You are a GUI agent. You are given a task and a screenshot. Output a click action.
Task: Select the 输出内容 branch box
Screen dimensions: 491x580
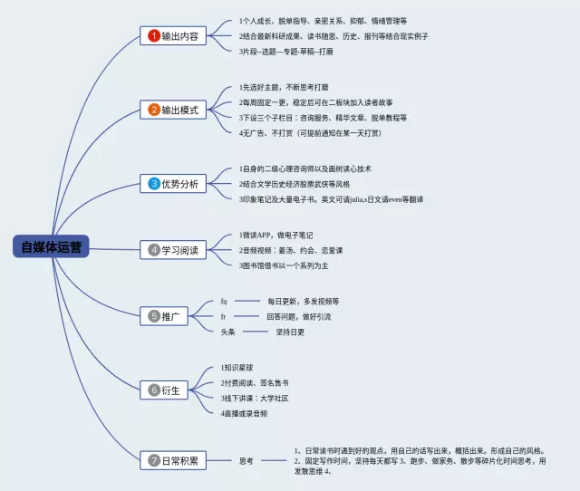[x=175, y=35]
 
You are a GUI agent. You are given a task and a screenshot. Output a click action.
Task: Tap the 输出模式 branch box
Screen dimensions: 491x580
[x=175, y=110]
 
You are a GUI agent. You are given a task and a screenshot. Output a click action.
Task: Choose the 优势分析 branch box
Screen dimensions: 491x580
[x=175, y=184]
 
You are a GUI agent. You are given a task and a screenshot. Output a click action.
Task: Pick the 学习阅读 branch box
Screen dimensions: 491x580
[x=175, y=249]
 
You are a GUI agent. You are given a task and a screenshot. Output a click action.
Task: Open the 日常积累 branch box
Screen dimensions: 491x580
[x=175, y=460]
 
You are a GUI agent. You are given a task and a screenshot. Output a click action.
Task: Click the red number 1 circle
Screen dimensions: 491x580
[x=154, y=35]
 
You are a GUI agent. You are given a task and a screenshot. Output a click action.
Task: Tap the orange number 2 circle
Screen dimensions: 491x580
[x=154, y=110]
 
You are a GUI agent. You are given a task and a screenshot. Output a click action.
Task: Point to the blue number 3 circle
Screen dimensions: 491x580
[x=154, y=184]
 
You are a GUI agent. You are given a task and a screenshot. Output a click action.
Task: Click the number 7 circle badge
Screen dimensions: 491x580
[x=154, y=460]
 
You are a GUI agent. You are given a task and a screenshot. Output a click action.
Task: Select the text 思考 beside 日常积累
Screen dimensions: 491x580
[x=246, y=460]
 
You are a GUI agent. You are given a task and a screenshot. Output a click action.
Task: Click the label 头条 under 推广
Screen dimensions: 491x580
[x=228, y=332]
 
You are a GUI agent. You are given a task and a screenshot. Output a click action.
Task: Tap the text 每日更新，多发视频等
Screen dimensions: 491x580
[x=302, y=301]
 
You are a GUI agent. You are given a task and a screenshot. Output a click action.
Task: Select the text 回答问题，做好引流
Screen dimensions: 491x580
[x=298, y=316]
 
